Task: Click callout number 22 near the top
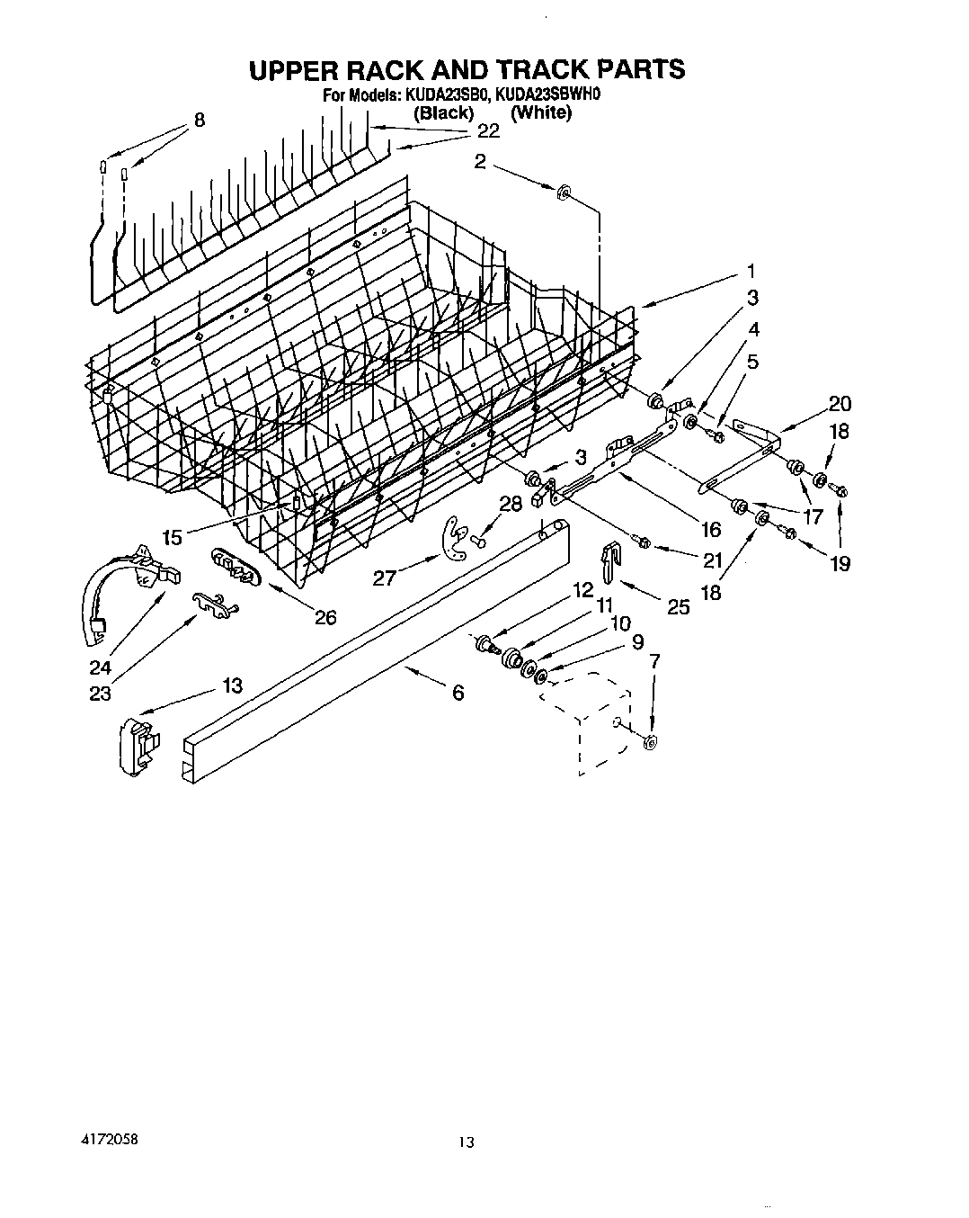pyautogui.click(x=488, y=131)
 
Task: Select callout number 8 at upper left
pyautogui.click(x=199, y=119)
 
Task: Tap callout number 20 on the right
pyautogui.click(x=840, y=404)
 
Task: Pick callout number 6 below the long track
pyautogui.click(x=458, y=693)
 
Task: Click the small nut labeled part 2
pyautogui.click(x=563, y=191)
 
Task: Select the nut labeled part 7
pyautogui.click(x=651, y=740)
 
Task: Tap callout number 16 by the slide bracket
pyautogui.click(x=710, y=529)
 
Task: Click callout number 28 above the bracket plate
pyautogui.click(x=511, y=504)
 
